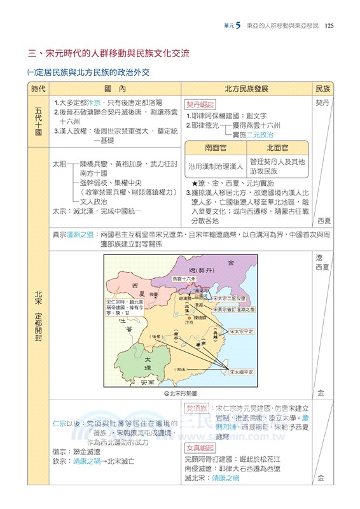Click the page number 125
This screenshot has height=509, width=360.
coord(329,25)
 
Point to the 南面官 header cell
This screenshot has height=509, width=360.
coord(216,148)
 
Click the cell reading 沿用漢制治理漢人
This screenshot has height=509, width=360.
coord(216,166)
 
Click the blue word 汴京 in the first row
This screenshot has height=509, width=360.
coord(93,102)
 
